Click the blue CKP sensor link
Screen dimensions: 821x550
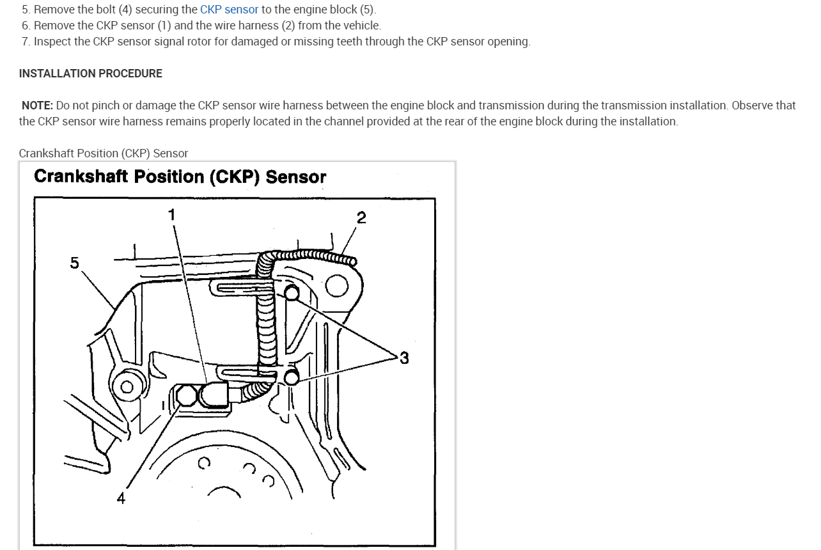point(229,10)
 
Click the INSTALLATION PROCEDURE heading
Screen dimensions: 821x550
point(90,74)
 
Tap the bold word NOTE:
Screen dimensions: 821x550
point(37,106)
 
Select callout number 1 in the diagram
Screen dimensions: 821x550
point(171,214)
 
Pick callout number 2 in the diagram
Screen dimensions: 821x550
point(361,218)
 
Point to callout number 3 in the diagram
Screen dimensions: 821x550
point(403,358)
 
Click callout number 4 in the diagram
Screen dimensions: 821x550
point(121,498)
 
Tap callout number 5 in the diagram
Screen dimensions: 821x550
point(75,263)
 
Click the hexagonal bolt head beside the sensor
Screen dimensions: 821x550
point(185,396)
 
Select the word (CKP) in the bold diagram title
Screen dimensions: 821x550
point(235,177)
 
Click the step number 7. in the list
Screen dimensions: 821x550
point(26,42)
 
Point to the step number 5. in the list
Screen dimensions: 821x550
point(26,10)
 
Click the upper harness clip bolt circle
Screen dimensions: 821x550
point(291,294)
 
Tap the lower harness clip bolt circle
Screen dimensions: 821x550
point(291,377)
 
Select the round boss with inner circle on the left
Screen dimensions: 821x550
point(127,386)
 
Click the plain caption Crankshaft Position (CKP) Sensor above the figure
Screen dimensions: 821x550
point(104,153)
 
